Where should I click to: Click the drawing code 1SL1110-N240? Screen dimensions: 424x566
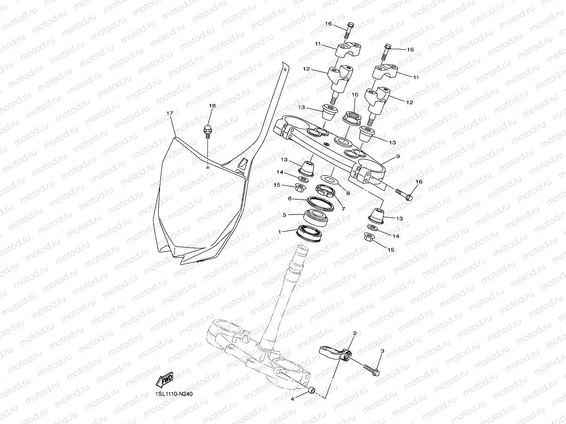tap(174, 394)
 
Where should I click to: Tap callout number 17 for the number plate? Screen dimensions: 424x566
tap(170, 113)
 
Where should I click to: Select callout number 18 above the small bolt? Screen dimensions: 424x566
tap(212, 106)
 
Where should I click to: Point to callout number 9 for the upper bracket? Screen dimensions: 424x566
tap(398, 157)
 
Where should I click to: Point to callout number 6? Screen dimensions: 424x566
tap(290, 199)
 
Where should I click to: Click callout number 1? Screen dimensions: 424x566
tap(280, 231)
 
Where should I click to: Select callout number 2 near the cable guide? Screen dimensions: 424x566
tap(355, 333)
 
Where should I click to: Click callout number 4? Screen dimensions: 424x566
tap(292, 398)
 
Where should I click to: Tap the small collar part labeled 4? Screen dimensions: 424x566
tap(313, 390)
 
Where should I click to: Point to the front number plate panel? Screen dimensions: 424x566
tap(200, 204)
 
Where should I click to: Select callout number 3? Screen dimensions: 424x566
tap(382, 352)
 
